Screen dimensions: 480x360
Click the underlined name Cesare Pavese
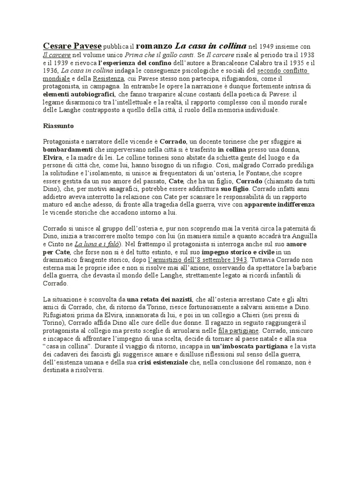[72, 46]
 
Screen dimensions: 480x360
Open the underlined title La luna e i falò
[97, 245]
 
